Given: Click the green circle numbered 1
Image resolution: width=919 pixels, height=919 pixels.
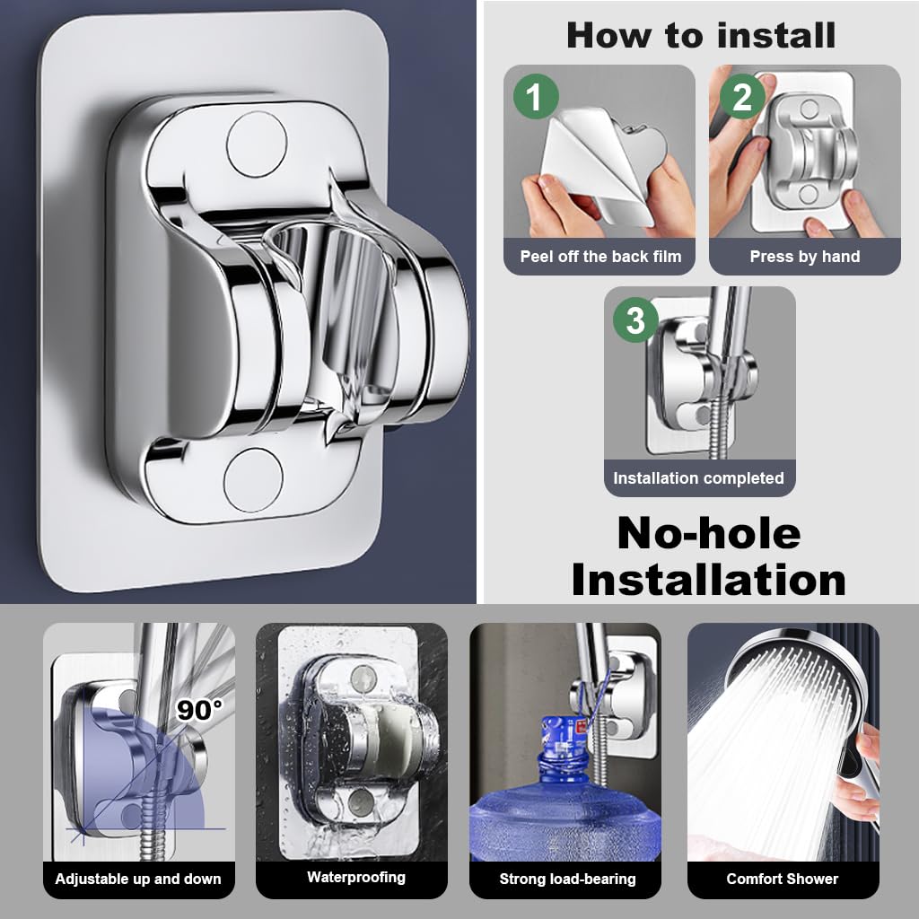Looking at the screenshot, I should [535, 96].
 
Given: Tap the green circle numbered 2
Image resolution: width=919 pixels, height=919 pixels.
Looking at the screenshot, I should [741, 96].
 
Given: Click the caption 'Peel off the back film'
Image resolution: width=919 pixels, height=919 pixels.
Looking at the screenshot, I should [600, 257].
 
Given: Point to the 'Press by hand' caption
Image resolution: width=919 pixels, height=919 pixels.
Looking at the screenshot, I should [805, 257].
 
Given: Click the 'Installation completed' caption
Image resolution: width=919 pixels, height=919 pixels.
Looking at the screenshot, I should [698, 478].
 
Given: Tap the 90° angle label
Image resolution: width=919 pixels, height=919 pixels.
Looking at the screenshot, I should [198, 710].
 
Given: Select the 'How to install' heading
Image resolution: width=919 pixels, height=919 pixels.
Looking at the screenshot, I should [701, 35].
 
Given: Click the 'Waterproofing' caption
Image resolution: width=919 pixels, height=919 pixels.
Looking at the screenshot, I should [356, 877].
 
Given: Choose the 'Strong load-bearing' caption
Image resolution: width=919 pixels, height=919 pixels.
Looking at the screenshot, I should [567, 879].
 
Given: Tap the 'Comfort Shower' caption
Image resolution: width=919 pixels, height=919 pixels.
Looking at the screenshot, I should [782, 879].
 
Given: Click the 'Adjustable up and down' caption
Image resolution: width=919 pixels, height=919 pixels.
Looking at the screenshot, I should [138, 879].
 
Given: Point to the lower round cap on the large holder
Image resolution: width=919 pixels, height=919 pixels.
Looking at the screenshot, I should [253, 480].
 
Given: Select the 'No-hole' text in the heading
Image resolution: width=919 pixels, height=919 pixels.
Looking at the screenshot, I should [708, 533].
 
